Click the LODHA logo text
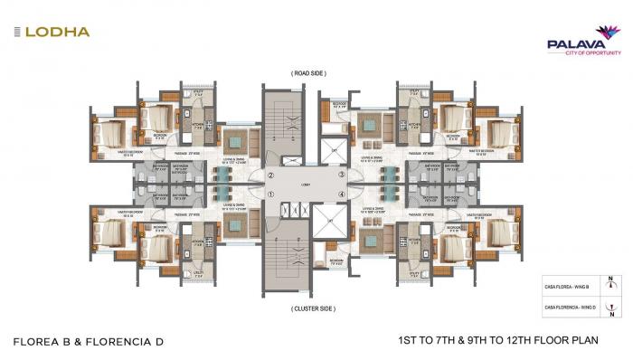pyautogui.click(x=57, y=32)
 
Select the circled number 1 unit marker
pyautogui.click(x=270, y=194)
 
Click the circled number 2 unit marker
pyautogui.click(x=270, y=175)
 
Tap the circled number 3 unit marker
pyautogui.click(x=342, y=175)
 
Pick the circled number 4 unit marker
pyautogui.click(x=342, y=194)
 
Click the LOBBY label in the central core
pyautogui.click(x=306, y=185)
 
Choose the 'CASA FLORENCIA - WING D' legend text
pyautogui.click(x=569, y=309)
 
